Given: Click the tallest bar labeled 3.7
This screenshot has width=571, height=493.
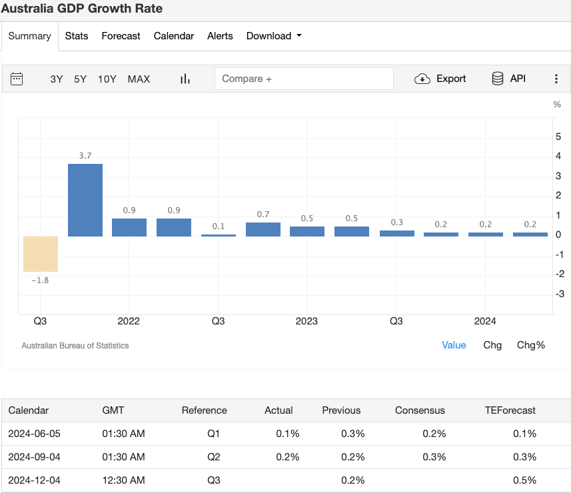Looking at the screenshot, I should pos(85,200).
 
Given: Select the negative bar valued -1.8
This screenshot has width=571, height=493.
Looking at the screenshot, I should pos(41,254).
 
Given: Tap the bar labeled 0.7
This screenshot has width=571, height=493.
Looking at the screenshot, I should pos(263,229).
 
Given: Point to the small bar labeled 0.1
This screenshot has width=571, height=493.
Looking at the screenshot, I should pos(219,235).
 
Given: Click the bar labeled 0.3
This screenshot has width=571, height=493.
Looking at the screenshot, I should pos(396,233).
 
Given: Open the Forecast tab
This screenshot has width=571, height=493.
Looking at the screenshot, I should pos(121,36).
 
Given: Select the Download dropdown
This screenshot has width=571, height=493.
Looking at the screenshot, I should pos(274,36).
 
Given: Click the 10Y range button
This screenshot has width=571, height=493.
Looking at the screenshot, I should pos(107,79).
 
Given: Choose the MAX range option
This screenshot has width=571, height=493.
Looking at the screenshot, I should pos(139,79).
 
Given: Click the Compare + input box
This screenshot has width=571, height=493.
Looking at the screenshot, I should pos(304,79).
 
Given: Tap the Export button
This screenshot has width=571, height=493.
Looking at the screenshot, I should pos(440,79).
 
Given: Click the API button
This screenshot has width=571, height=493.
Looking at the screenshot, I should pos(509,79).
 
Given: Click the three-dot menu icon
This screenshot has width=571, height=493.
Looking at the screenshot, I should pos(556,79).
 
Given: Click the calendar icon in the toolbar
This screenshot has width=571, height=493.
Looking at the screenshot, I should pos(17,79).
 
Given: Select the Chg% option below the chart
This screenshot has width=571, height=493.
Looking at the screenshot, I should pos(531,345).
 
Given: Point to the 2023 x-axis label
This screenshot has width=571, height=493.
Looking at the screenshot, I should pos(307,321).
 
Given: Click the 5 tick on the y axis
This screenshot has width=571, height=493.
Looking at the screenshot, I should pos(558,137).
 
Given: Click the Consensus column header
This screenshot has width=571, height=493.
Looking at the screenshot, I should pos(420,410).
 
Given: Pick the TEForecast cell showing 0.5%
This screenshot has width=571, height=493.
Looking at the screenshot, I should pos(524,480).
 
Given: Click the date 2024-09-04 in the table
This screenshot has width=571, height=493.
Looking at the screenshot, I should pos(34,457).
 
